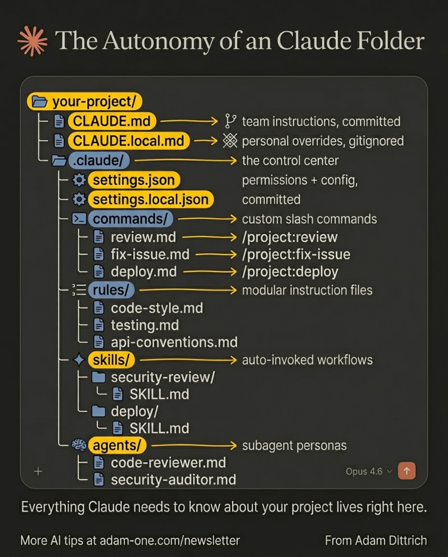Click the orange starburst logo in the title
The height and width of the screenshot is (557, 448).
pyautogui.click(x=32, y=41)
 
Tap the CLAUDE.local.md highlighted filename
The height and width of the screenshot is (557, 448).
pyautogui.click(x=128, y=141)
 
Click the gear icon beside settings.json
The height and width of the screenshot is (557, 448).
pyautogui.click(x=78, y=180)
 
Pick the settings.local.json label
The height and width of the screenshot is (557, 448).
pyautogui.click(x=150, y=199)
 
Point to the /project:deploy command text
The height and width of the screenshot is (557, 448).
pyautogui.click(x=290, y=272)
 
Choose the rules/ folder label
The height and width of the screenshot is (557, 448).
pyautogui.click(x=111, y=290)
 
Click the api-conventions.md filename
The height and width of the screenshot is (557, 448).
pyautogui.click(x=174, y=342)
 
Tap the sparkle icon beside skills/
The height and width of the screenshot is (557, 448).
pyautogui.click(x=78, y=360)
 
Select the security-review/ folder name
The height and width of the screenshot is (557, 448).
pyautogui.click(x=163, y=378)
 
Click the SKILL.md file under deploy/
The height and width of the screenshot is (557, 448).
pyautogui.click(x=159, y=428)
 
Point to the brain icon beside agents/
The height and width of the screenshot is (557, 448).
pyautogui.click(x=78, y=445)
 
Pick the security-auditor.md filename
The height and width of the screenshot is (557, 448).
pyautogui.click(x=173, y=480)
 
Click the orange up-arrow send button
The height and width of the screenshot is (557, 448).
pyautogui.click(x=406, y=470)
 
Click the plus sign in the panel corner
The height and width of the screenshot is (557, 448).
pyautogui.click(x=38, y=471)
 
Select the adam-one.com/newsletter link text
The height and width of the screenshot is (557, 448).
pyautogui.click(x=169, y=540)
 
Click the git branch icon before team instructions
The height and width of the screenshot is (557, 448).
pyautogui.click(x=230, y=121)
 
